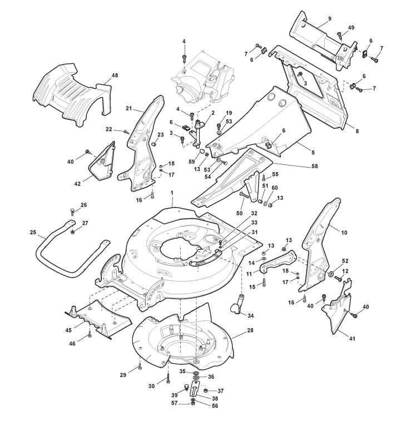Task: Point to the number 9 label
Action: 329,19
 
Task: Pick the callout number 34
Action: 251,315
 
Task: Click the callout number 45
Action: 69,330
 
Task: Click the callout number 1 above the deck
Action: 172,192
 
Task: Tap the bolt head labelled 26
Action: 72,211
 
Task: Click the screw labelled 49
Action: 340,36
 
